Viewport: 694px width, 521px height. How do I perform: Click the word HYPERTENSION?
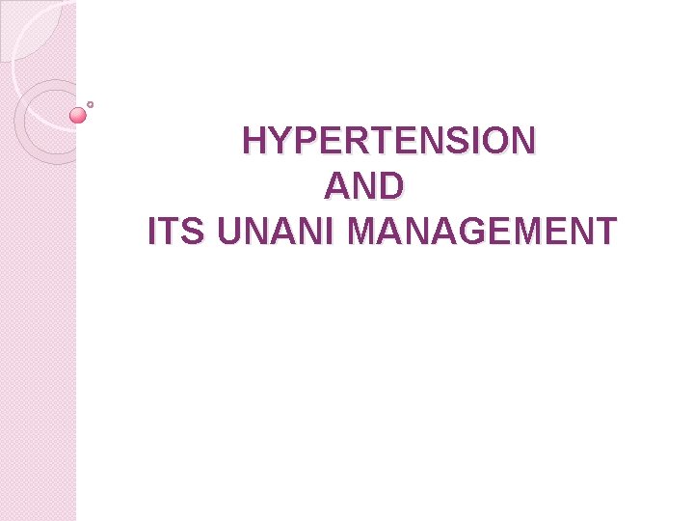(x=388, y=141)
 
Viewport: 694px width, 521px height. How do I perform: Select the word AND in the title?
(x=364, y=186)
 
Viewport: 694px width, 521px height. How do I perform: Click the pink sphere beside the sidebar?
(x=79, y=116)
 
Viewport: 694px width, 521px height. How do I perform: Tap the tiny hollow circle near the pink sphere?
(x=90, y=104)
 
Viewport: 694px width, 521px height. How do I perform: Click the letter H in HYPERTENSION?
(x=255, y=141)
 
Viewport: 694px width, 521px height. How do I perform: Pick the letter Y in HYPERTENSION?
(x=279, y=141)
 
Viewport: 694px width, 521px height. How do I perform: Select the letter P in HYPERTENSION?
(x=301, y=141)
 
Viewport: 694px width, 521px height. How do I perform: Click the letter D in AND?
(x=389, y=186)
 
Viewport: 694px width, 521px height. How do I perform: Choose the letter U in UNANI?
(x=232, y=233)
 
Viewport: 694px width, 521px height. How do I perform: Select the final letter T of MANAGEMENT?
(x=604, y=233)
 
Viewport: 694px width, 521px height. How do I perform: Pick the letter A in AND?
(x=338, y=186)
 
